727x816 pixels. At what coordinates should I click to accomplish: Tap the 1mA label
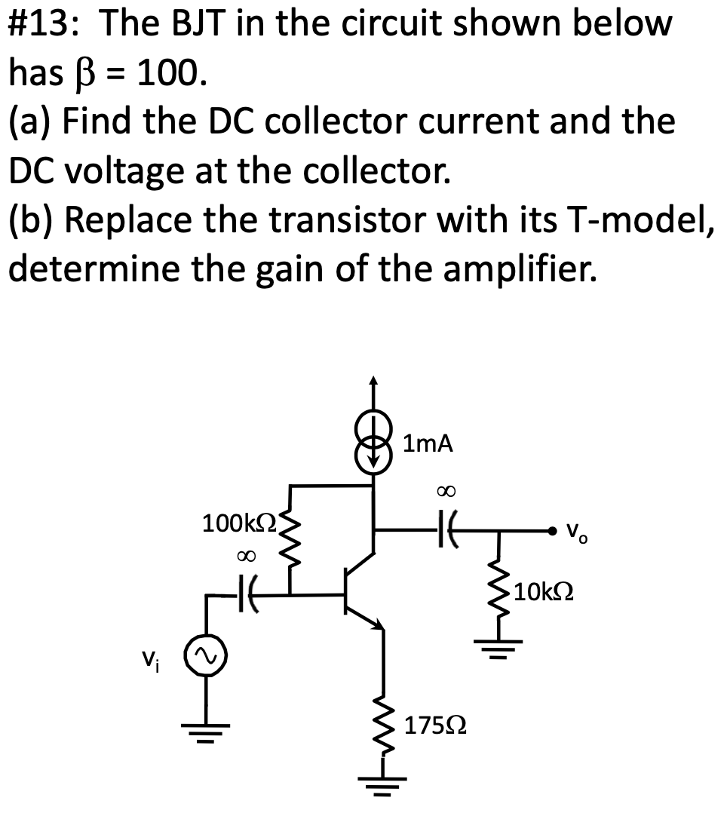point(428,444)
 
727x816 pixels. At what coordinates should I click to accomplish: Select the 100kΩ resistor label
point(241,522)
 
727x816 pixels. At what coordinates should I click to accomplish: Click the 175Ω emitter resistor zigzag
point(384,720)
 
